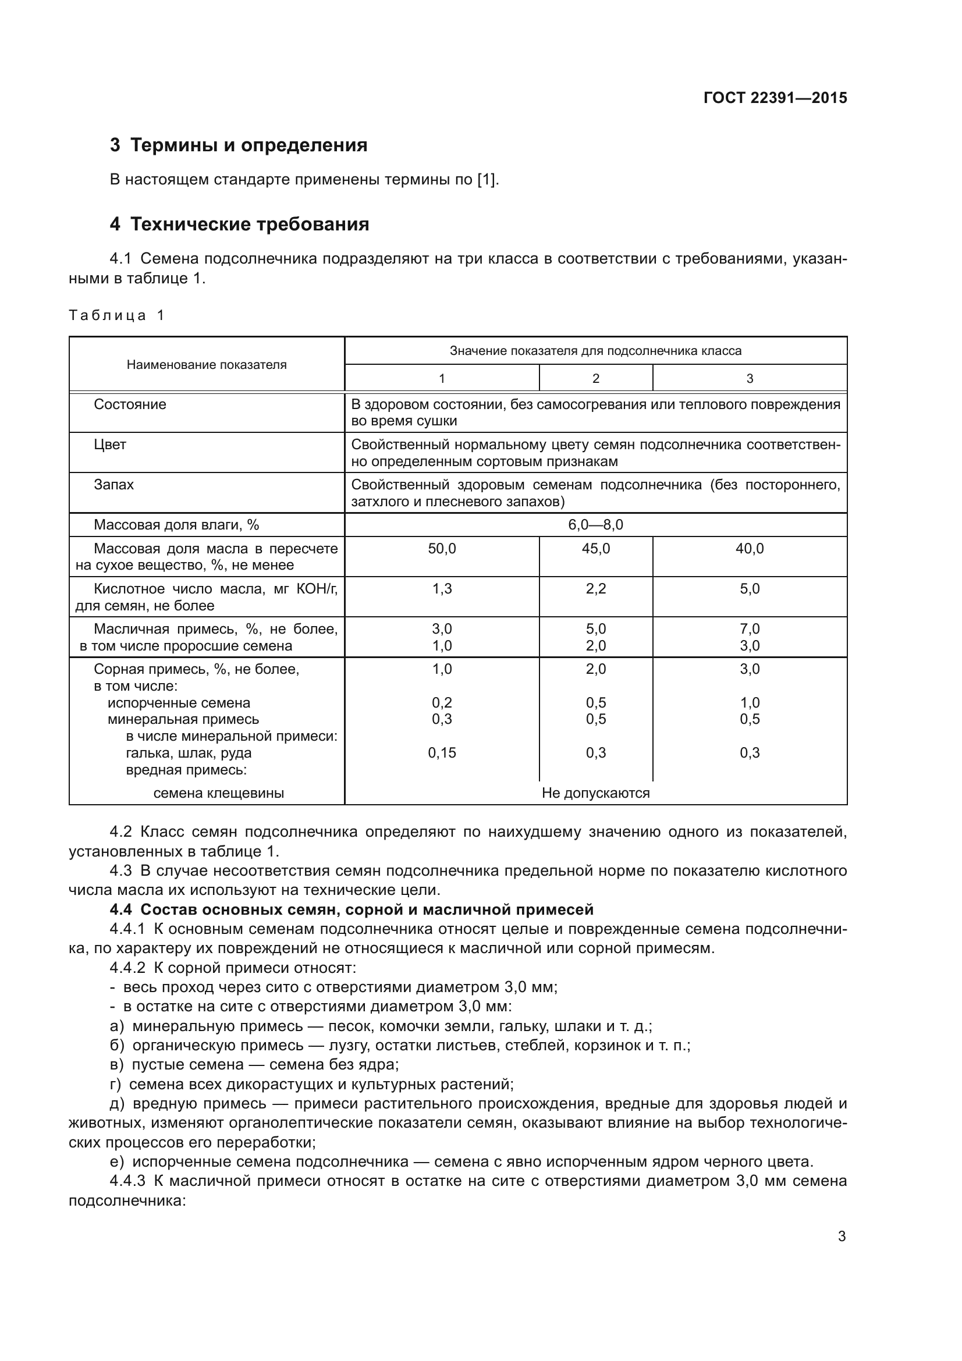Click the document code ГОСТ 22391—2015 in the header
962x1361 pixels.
click(x=775, y=98)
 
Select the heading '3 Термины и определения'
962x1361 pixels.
click(x=238, y=145)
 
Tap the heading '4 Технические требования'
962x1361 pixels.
click(x=239, y=224)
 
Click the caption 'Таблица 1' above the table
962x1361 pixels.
click(x=116, y=315)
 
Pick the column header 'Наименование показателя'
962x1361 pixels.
click(x=206, y=365)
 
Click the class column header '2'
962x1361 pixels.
click(x=595, y=378)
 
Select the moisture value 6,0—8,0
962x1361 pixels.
click(x=595, y=525)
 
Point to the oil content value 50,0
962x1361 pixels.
click(x=442, y=548)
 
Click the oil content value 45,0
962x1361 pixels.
click(x=595, y=548)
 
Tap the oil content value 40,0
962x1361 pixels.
click(x=749, y=548)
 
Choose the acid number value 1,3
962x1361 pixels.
click(x=442, y=589)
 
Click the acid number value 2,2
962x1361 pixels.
click(x=595, y=589)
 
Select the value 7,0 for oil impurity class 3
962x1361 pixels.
click(x=749, y=629)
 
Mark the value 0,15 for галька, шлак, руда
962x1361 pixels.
click(x=442, y=753)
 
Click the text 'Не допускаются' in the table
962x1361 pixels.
click(x=595, y=793)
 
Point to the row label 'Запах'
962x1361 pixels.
click(x=114, y=484)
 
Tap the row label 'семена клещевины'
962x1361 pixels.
click(x=218, y=793)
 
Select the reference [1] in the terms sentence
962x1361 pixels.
click(x=486, y=179)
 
